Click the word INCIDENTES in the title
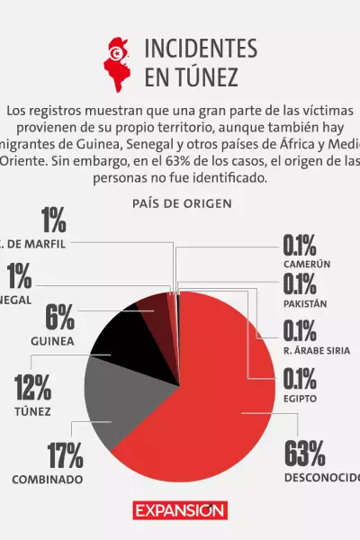coord(200,49)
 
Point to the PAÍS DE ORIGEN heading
coord(180,203)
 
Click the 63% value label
coord(304,454)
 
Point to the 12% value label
coord(32,388)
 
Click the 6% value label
coord(59,318)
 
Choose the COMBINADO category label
coord(48,480)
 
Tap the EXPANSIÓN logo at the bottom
coord(180,511)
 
